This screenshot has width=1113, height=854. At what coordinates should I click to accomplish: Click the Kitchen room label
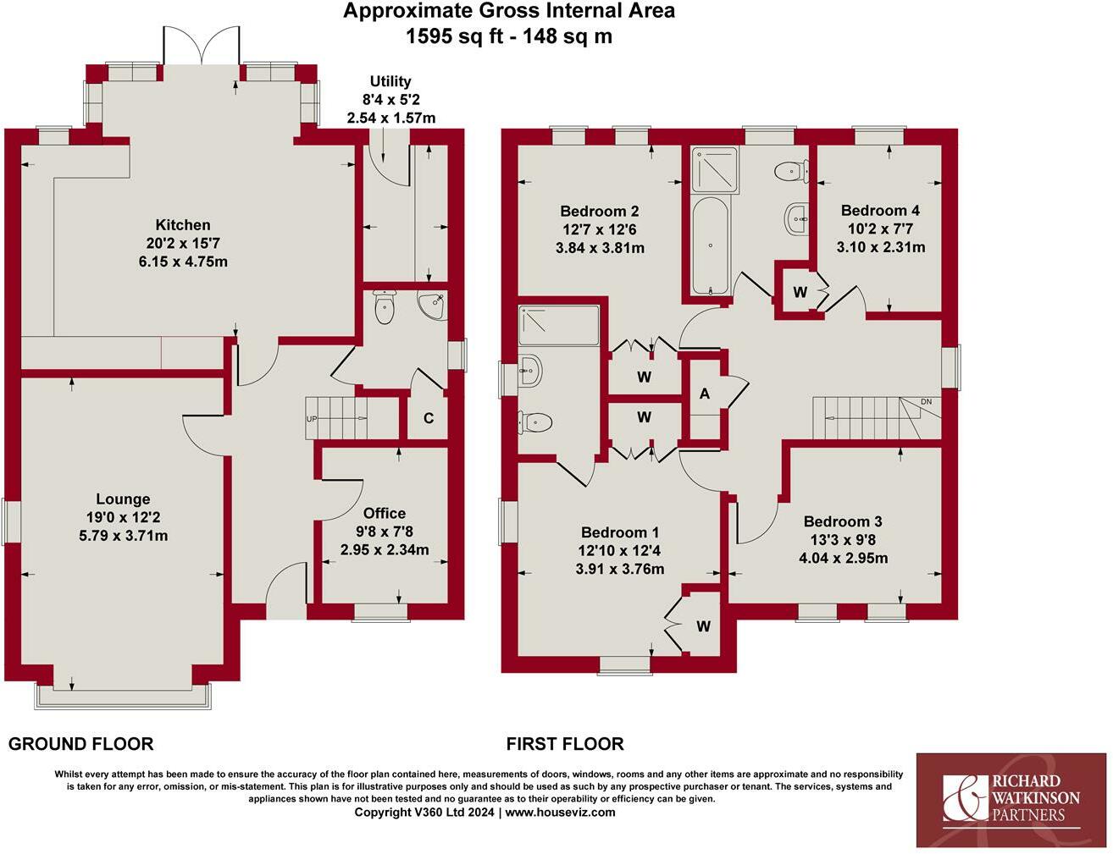[183, 224]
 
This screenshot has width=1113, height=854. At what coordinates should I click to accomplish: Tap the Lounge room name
[123, 499]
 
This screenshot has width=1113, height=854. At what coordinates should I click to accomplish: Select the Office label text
[385, 513]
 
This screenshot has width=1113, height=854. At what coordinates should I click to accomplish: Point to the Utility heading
[390, 81]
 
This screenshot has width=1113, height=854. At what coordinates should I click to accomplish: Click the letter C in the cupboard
[429, 418]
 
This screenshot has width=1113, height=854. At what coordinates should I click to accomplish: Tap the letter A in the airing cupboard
[705, 394]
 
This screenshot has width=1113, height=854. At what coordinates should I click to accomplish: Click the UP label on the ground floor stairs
[312, 419]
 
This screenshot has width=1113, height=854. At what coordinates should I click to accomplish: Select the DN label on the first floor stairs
[927, 402]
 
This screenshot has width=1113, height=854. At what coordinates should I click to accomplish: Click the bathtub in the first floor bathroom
[710, 246]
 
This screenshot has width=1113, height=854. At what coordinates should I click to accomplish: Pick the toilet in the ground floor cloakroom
[385, 306]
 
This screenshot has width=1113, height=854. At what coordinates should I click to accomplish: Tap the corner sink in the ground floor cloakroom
[432, 306]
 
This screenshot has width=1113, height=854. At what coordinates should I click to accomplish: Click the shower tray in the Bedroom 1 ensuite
[558, 325]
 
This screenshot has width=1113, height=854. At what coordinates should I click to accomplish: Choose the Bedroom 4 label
[880, 210]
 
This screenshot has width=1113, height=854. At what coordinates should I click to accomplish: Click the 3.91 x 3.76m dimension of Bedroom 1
[620, 569]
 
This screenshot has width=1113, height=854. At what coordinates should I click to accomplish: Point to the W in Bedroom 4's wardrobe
[800, 292]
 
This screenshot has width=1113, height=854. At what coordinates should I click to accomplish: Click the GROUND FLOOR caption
[81, 744]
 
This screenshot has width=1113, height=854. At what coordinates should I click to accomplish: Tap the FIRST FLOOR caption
[565, 744]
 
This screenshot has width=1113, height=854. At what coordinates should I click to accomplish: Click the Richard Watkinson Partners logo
[1011, 801]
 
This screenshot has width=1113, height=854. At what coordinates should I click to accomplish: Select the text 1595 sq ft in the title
[455, 36]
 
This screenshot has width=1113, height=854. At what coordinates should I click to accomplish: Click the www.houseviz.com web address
[561, 812]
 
